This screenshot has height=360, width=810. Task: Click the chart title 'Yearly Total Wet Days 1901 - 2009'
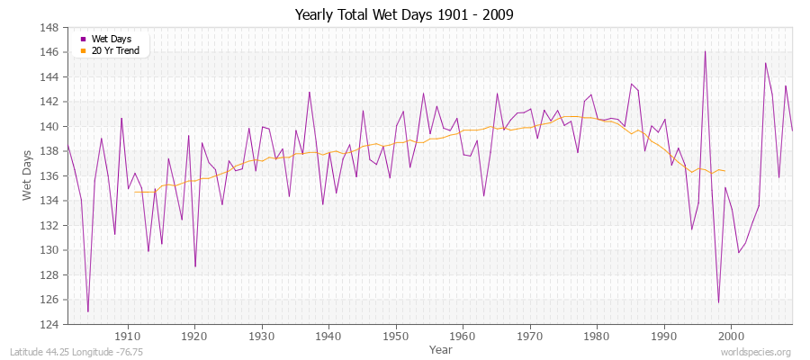click(x=404, y=15)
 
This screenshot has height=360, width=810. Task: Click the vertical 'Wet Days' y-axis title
click(x=26, y=175)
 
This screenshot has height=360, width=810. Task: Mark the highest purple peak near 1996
click(x=705, y=51)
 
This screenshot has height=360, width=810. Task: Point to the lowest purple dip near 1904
click(x=87, y=311)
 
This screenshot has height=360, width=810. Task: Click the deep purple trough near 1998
click(x=718, y=302)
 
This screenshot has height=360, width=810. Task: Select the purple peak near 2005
click(x=765, y=63)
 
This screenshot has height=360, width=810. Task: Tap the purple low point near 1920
click(x=195, y=266)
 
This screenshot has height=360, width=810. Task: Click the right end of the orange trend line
click(x=724, y=171)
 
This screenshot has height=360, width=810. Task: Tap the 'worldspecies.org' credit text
click(x=756, y=352)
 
